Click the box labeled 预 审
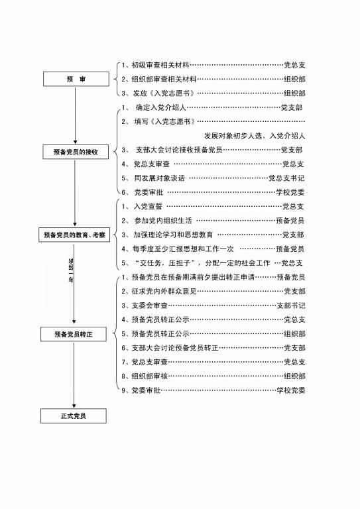tap(76, 79)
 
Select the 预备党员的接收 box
tap(76, 152)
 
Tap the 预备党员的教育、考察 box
tap(74, 235)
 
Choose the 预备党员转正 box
tap(74, 334)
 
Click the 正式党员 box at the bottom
tap(74, 416)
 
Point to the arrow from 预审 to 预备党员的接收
tap(76, 115)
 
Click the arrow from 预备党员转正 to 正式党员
tap(74, 375)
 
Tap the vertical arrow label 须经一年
tap(71, 270)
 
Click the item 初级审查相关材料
tap(160, 65)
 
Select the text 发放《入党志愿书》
tap(164, 93)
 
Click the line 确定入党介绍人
tap(161, 107)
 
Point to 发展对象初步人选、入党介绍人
tap(255, 136)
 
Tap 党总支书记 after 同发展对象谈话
tap(286, 178)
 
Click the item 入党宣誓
tap(148, 207)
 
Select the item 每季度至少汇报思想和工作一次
tap(183, 249)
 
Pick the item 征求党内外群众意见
tap(164, 291)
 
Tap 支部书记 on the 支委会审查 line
tap(291, 306)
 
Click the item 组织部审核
tap(150, 376)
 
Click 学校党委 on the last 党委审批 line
tap(291, 390)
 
